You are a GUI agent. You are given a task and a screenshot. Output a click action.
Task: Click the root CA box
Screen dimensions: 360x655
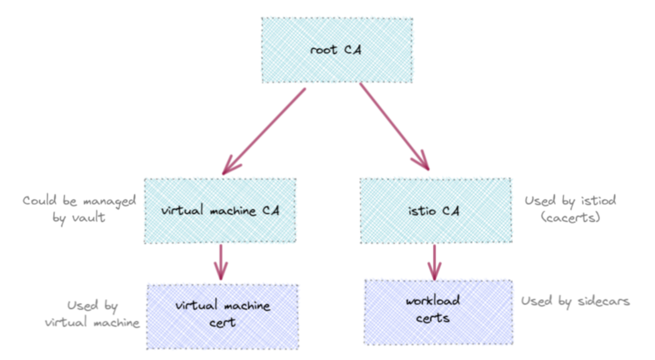pos(336,50)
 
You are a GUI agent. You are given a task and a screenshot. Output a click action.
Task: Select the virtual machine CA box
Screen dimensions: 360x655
pos(220,211)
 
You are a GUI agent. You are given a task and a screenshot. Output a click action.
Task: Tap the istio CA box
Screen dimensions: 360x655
pos(435,211)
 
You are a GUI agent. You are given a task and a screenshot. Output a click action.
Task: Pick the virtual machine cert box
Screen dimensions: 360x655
pos(223,317)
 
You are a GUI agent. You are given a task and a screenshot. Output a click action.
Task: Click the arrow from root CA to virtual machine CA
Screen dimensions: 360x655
pos(264,131)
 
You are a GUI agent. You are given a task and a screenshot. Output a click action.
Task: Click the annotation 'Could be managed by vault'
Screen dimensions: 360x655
pos(79,209)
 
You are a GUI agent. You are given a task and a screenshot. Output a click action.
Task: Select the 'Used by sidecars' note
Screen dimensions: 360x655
pos(575,301)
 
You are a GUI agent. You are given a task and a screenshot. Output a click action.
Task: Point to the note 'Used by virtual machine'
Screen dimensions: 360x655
pos(93,314)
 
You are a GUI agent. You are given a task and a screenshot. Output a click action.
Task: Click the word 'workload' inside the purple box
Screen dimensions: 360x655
pos(433,300)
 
